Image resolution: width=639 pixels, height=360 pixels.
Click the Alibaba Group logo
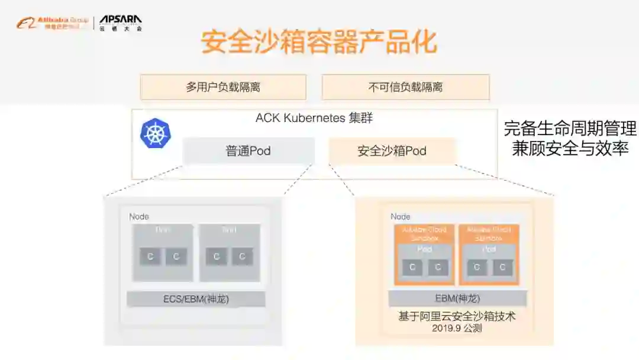coord(52,24)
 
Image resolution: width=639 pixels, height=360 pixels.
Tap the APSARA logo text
coord(120,21)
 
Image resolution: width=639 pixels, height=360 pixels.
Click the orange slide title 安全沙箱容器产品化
coord(319,43)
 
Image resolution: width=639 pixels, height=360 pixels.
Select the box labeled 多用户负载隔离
coord(223,87)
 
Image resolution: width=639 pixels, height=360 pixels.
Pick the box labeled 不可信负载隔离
coord(405,87)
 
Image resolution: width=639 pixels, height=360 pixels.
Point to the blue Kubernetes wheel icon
coord(155,133)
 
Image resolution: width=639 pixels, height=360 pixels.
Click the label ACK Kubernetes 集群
coord(314,118)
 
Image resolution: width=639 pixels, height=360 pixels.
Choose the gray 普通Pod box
coord(248,151)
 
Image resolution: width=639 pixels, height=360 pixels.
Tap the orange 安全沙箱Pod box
coord(392,151)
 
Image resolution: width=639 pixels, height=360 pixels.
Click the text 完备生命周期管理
coord(570,128)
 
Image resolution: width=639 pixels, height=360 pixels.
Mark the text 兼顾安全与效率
coord(570,148)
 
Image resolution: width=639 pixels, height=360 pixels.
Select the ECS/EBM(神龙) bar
coord(196,299)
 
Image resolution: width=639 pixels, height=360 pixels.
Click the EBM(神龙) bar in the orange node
coord(457,298)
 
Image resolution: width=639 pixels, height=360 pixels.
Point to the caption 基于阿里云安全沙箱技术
coord(457,316)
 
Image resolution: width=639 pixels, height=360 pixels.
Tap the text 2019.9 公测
coord(457,327)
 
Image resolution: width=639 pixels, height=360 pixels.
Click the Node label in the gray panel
coord(139,217)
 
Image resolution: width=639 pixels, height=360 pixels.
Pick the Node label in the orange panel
coord(401,217)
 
